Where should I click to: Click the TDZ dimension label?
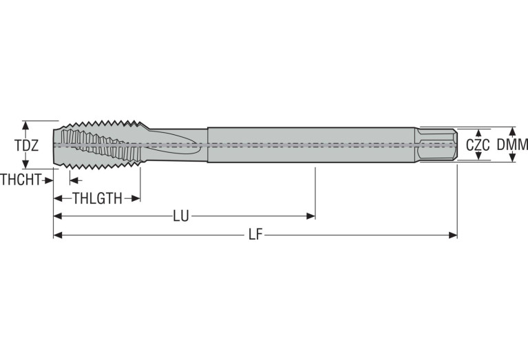coord(27,145)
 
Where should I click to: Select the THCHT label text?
coord(21,180)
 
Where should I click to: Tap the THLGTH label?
coord(97,198)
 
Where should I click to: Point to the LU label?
coord(181,216)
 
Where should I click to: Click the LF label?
coord(255,235)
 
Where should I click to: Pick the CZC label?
coord(478,145)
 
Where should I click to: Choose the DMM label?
coord(512,145)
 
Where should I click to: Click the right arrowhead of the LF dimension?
coord(453,235)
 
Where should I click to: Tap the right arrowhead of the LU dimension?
coord(310,216)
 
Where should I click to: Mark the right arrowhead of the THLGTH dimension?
coord(136,198)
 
